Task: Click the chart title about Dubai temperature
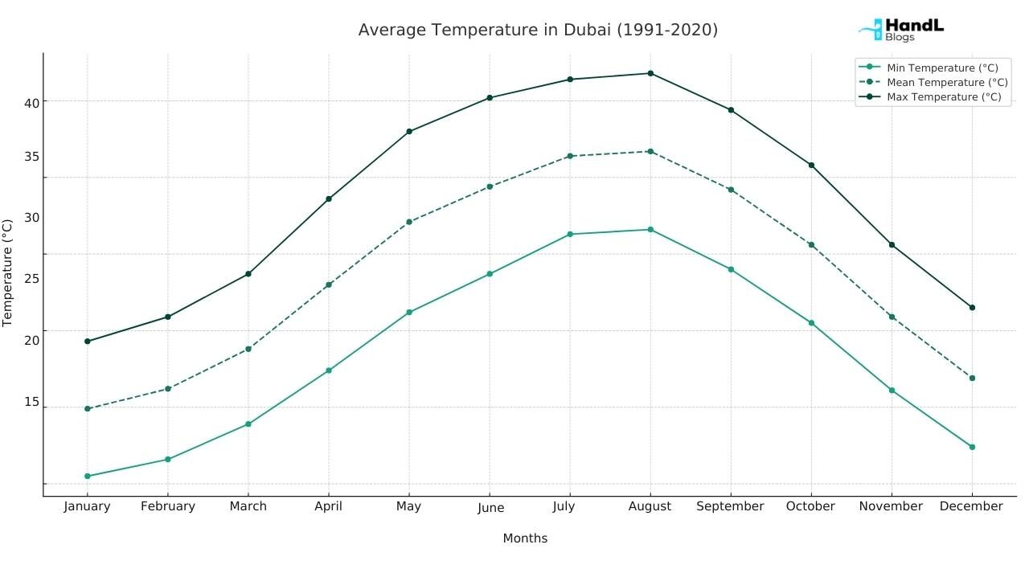538,30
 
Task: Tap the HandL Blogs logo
902,30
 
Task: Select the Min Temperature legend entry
941,68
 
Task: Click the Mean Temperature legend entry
946,83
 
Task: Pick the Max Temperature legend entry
943,97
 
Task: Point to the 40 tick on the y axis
31,102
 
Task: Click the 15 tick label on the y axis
31,401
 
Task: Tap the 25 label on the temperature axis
31,279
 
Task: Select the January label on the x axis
87,506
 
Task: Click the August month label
650,506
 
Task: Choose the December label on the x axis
971,506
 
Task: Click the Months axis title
525,538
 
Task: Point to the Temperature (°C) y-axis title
8,273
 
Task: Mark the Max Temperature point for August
650,73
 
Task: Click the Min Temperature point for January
88,477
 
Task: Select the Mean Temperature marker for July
570,156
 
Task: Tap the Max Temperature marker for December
972,308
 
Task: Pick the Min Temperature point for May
409,312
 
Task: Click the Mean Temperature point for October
811,245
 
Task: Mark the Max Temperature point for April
329,199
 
